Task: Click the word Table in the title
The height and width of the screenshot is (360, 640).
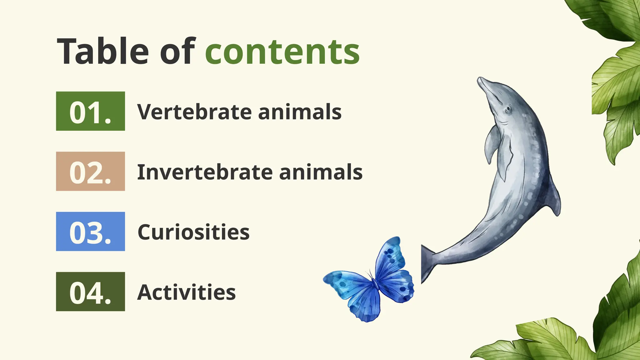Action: point(103,52)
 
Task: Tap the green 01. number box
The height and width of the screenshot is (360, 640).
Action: point(90,111)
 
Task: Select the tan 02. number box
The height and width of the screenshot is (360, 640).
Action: point(90,171)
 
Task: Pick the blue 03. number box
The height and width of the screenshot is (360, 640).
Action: point(90,232)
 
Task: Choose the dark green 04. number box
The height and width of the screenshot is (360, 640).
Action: point(90,292)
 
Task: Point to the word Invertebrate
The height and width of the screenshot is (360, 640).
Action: point(205,172)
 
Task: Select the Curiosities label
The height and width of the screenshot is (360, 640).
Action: point(193,232)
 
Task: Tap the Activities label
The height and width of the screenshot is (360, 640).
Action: point(187,292)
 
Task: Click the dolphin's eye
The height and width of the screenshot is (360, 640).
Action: point(508,109)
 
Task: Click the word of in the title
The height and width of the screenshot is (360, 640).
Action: point(177,52)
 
